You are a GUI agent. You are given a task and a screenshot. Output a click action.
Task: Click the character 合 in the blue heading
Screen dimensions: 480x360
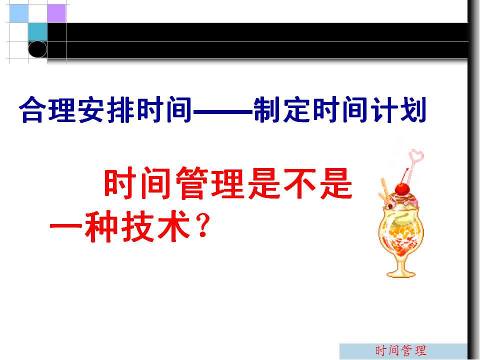33,109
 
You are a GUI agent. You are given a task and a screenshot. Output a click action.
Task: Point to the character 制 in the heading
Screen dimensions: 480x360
268,109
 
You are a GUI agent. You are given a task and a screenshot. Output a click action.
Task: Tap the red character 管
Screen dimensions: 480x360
193,183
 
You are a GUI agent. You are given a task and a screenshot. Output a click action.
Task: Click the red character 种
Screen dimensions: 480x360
101,226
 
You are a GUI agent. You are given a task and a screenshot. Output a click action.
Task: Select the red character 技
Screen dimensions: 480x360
137,226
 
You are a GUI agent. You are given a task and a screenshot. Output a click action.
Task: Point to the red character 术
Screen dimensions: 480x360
173,226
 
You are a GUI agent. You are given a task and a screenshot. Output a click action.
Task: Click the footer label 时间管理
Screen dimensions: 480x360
400,350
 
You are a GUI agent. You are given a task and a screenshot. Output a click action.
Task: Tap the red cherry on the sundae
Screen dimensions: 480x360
402,189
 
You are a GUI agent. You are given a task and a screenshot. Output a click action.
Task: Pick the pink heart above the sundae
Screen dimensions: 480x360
417,156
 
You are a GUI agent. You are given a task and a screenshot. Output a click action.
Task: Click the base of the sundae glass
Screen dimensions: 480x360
401,273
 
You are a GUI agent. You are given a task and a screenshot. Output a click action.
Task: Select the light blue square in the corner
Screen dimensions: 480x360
19,13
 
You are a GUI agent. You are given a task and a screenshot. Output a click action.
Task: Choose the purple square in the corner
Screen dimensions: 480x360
56,13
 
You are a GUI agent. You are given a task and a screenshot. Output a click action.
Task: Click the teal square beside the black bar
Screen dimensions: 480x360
37,32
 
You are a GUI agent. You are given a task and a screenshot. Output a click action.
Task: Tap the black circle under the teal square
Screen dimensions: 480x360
37,49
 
